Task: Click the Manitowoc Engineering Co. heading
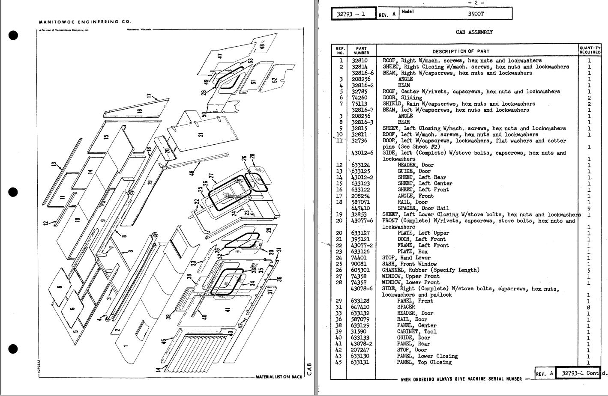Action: (85, 22)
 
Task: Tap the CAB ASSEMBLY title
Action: (474, 32)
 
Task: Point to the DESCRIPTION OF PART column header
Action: (461, 51)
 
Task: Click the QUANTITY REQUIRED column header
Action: (590, 50)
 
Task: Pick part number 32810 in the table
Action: (359, 61)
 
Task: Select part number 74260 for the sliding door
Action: (359, 98)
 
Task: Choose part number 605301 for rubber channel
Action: (361, 270)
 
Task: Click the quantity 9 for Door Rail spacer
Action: (589, 208)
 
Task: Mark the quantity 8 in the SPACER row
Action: (589, 307)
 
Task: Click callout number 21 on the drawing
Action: (201, 134)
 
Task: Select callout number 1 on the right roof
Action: (126, 345)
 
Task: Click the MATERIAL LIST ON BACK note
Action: (279, 377)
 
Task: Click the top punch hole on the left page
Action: (13, 36)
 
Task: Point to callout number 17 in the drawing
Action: (149, 96)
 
